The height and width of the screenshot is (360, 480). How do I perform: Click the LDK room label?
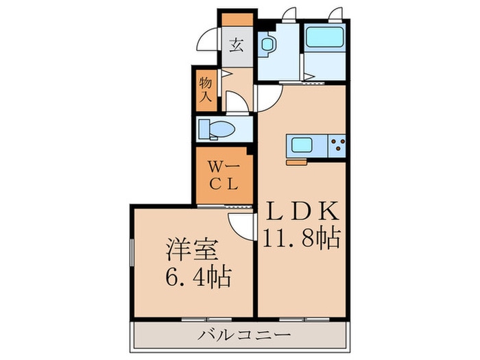303,211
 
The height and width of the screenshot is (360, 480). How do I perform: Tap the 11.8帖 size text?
302,238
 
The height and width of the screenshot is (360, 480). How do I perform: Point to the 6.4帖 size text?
198,276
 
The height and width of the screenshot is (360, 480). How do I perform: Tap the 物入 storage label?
206,90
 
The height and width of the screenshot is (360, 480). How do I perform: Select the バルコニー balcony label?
244,335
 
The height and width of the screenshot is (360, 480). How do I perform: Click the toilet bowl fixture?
217,129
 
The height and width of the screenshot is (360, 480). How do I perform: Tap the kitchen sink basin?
302,145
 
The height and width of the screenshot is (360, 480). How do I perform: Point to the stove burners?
337,145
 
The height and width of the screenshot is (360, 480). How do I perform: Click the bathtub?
324,37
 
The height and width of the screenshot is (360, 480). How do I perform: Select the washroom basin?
266,45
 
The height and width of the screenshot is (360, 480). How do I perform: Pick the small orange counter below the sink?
296,163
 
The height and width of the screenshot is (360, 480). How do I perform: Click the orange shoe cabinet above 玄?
237,20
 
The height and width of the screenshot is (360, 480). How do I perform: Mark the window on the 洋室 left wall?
132,252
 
